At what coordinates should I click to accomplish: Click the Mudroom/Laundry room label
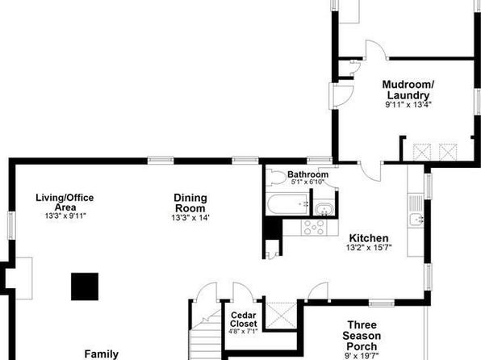coord(408,90)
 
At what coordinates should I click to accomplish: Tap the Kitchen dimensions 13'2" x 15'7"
coord(369,248)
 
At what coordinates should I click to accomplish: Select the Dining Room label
coord(190,203)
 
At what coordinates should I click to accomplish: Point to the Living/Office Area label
coord(65,202)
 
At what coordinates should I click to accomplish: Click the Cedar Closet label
coord(244,319)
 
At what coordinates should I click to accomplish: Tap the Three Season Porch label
coord(362,336)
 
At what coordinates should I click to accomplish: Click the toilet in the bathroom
coord(276,178)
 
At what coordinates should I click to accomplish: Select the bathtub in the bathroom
coord(287,203)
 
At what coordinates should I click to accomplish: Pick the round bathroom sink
coord(324,209)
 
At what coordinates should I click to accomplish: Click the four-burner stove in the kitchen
coord(313,228)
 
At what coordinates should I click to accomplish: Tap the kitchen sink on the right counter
coord(416,220)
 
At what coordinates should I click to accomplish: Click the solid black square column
coord(85,287)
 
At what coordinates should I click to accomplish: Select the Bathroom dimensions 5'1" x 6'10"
coord(307,182)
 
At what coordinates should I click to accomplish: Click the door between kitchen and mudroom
coord(371,170)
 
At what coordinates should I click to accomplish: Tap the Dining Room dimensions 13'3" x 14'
coord(190,218)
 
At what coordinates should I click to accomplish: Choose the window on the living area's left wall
coord(11,225)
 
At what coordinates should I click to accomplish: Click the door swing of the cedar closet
coord(243,291)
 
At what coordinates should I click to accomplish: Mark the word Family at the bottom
coord(101,354)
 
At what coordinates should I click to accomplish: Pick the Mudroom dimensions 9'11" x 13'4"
coord(408,105)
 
